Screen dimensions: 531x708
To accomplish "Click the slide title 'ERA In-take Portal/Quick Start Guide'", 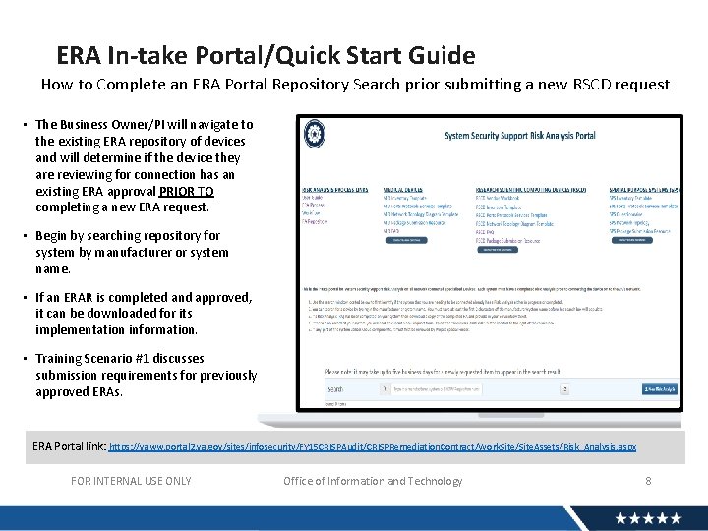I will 265,56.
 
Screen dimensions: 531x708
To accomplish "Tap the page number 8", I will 648,481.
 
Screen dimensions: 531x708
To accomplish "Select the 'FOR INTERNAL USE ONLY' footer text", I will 132,481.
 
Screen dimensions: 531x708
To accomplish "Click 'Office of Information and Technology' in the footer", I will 373,481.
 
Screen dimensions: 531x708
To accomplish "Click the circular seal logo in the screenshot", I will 315,134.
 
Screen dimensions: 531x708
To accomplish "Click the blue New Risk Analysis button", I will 659,389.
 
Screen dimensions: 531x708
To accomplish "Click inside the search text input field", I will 472,389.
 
